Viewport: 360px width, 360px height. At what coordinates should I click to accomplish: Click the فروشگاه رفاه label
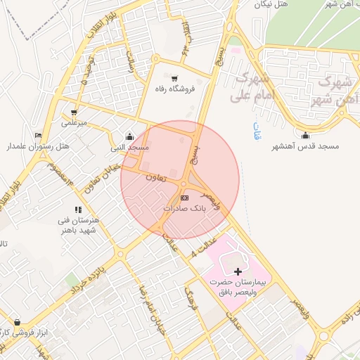coord(174,89)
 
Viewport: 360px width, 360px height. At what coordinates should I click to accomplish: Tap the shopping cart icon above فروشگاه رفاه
coord(174,79)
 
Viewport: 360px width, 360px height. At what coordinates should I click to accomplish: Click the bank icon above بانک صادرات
coord(184,198)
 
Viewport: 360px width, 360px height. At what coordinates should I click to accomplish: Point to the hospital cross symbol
coord(238,271)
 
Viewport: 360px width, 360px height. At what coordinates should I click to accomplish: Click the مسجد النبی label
coord(128,148)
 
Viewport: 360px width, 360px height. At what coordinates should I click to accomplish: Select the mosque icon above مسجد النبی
coord(129,137)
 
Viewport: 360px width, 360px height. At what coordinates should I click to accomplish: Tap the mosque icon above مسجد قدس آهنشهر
coord(304,136)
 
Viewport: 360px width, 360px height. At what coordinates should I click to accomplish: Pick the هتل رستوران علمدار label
coord(35,146)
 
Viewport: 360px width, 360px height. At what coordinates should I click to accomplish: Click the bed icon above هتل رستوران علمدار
coord(37,135)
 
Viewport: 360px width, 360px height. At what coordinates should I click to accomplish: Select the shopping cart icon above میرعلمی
coord(74,112)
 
